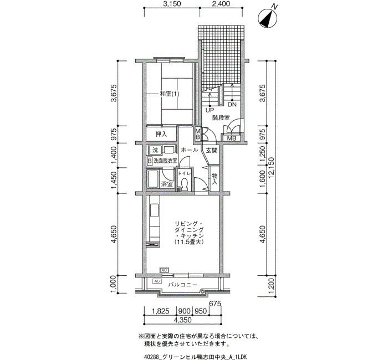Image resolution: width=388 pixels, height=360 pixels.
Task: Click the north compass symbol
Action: coord(268,18)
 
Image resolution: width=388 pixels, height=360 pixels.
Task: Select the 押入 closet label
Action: coord(161,134)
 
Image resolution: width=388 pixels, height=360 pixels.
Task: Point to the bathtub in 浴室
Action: coord(153,179)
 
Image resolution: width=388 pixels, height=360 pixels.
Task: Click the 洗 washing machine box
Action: coord(155,150)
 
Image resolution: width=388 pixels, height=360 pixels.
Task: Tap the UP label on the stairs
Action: coord(210,110)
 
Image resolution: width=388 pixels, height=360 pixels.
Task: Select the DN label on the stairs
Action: coord(232,104)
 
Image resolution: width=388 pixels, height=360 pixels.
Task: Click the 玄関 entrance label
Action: coord(212,150)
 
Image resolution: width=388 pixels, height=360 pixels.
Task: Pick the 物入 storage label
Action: coord(215,179)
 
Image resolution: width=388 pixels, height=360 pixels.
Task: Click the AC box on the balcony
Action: coord(157,281)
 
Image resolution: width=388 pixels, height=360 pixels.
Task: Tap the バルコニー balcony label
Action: coord(183,285)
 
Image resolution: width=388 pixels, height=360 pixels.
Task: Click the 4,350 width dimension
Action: coord(183,320)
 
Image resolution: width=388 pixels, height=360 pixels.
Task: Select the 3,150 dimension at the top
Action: coord(172,4)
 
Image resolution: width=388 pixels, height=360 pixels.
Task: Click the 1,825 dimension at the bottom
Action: coord(160,311)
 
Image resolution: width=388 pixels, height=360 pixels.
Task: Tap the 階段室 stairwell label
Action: coord(221,118)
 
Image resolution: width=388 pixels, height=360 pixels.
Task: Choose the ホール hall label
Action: coord(190,150)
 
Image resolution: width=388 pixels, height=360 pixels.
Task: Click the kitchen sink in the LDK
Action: coord(155,210)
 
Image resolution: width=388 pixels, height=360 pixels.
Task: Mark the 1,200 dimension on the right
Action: coord(272,286)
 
